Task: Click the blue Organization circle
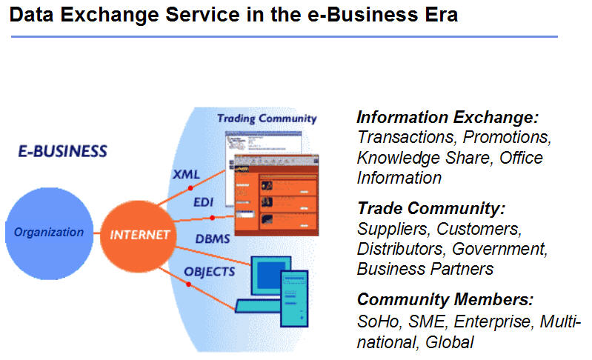(x=49, y=233)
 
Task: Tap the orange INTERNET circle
(x=141, y=235)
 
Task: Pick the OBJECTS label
(x=210, y=271)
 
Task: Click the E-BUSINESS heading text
(x=62, y=152)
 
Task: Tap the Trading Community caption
(x=267, y=119)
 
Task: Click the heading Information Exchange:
(x=448, y=118)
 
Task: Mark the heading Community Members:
(x=445, y=300)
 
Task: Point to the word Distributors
(x=400, y=248)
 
